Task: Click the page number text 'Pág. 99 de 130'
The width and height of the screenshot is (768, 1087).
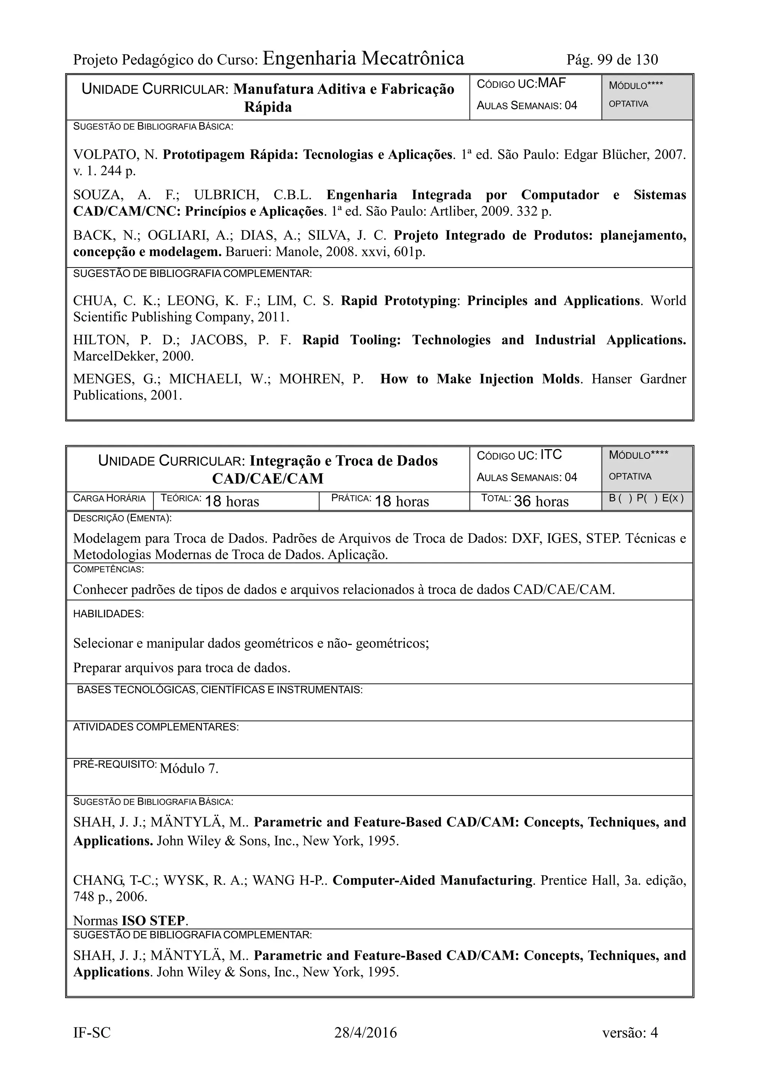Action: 612,60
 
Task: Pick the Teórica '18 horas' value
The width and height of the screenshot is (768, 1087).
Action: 232,501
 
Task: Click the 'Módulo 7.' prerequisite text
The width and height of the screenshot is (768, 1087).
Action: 189,768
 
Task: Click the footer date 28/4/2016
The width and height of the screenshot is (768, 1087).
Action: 365,1033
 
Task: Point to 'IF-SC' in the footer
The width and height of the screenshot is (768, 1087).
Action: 92,1033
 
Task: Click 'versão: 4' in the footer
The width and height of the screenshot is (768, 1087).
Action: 630,1033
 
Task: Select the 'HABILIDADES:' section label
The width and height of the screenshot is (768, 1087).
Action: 108,614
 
